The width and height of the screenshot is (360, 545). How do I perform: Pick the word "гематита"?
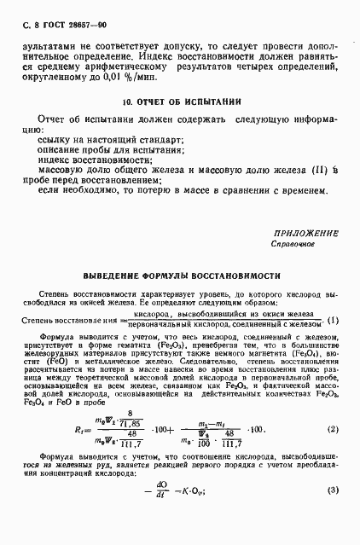coord(152,347)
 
